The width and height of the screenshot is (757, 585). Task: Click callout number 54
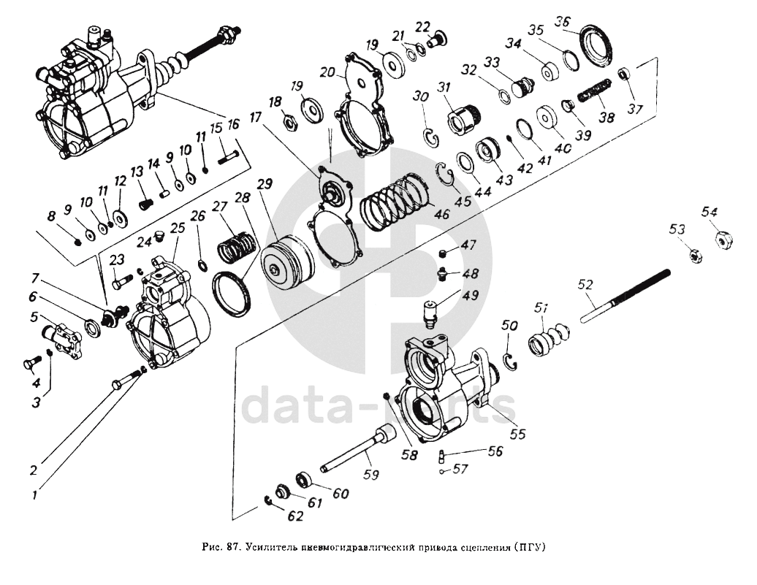(710, 212)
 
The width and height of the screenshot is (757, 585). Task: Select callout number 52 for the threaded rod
(585, 284)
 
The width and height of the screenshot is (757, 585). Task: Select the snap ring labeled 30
(432, 136)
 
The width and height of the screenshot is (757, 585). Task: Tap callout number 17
(255, 117)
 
